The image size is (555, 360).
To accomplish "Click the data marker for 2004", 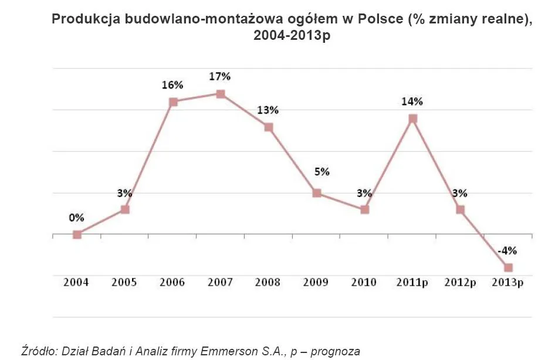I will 77,235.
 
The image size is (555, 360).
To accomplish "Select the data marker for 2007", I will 221,94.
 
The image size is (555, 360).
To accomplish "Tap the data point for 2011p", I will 412,118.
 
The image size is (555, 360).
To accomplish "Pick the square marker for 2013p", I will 508,268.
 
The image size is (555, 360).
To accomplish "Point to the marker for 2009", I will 317,193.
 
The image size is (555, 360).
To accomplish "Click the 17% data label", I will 221,76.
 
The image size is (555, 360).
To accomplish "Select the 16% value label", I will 172,84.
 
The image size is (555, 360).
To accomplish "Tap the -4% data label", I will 507,251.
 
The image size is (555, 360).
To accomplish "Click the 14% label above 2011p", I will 412,101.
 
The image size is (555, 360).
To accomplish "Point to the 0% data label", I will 76,218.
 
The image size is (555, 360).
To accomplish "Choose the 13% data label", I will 268,110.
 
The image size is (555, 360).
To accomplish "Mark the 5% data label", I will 322,172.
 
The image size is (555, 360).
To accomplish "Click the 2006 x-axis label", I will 172,283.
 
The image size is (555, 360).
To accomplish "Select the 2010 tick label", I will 364,283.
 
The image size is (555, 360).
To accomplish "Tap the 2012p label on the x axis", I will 460,283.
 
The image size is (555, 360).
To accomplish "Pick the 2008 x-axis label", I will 268,283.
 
